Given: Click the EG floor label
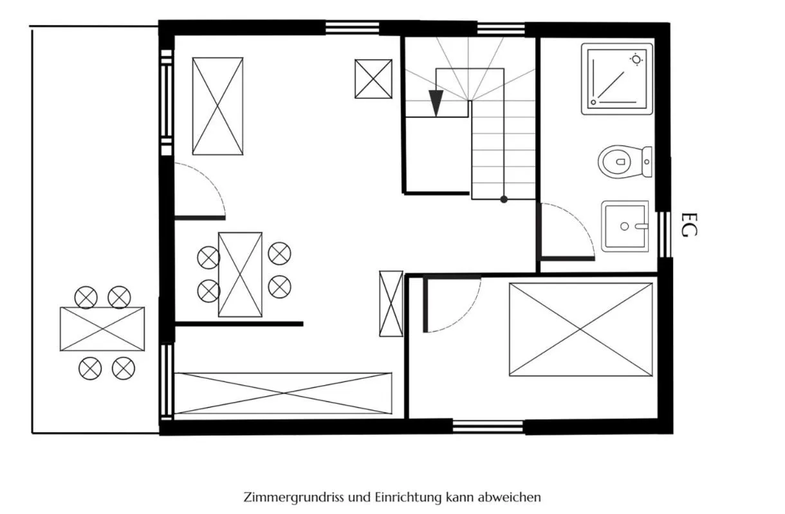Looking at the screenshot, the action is pos(689,225).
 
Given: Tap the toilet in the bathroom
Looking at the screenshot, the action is pos(625,162).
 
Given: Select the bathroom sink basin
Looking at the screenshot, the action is pos(625,226).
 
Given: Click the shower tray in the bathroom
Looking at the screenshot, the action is pos(617,79).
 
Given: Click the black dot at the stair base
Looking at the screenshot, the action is pos(504,200).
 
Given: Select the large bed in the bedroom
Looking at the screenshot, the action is pos(580,330).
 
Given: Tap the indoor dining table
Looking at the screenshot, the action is pos(240,275).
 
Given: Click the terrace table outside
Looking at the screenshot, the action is pos(102,329).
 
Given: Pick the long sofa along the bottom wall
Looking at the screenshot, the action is pos(283,394).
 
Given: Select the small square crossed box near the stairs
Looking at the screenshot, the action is pos(373,79).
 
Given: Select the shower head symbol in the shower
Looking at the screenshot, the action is pos(636,60).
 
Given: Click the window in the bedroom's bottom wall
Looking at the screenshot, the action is pos(488,427).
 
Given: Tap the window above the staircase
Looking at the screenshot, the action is pos(501,29).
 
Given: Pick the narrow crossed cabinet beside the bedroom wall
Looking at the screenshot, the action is pos(391,304).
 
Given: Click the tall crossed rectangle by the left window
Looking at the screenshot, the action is pos(217,106).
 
